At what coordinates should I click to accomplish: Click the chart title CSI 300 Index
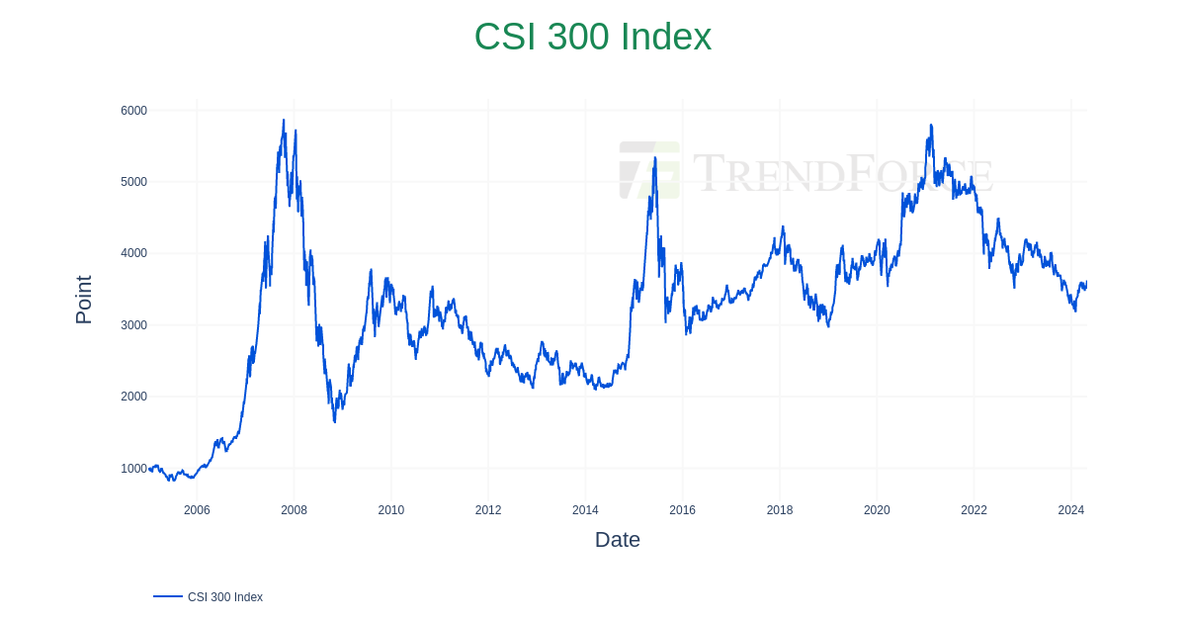pos(592,37)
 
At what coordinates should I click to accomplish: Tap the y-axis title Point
pos(84,300)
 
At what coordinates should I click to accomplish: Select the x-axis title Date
pos(617,540)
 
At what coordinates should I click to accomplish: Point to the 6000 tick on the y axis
pos(133,111)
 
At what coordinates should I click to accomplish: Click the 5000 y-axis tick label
pos(133,182)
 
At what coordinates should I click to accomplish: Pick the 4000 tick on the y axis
pos(133,253)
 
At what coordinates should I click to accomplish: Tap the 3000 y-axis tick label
pos(133,325)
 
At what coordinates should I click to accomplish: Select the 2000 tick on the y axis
pos(133,397)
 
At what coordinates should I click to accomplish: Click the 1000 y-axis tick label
pos(133,469)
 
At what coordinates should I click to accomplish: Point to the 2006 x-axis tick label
pos(197,510)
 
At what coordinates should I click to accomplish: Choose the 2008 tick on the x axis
pos(294,510)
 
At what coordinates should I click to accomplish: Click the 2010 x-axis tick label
pos(390,510)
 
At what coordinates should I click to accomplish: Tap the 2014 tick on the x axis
pos(585,510)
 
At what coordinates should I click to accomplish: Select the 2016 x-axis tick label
pos(682,510)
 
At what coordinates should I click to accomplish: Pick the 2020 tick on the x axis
pos(877,510)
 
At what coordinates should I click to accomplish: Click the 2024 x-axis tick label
pos(1070,510)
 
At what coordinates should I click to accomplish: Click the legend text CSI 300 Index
pos(225,597)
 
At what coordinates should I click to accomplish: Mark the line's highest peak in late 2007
pos(284,121)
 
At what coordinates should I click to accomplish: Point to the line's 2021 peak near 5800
pos(931,126)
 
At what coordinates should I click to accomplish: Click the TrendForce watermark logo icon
pos(649,170)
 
